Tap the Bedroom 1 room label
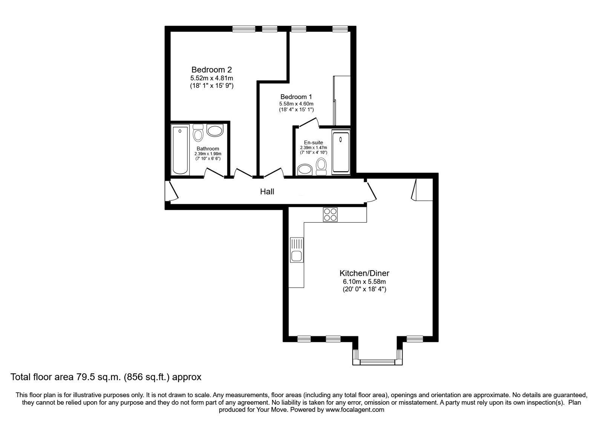(x=296, y=97)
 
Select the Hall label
(x=267, y=192)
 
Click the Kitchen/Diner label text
(x=364, y=273)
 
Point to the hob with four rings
(x=330, y=215)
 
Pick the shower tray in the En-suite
(x=341, y=153)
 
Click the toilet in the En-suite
(x=321, y=166)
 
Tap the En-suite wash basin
(x=304, y=170)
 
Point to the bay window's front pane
(x=378, y=362)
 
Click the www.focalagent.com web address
(x=355, y=410)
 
